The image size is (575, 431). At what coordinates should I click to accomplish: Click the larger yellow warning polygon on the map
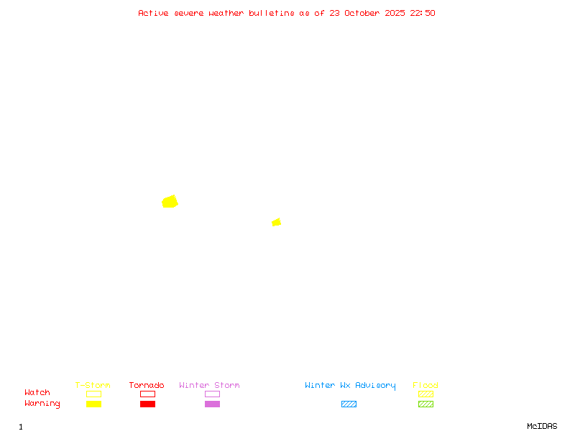pyautogui.click(x=170, y=202)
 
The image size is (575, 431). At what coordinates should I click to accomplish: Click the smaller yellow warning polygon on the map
pyautogui.click(x=276, y=223)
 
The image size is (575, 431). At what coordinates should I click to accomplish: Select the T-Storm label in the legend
pyautogui.click(x=93, y=386)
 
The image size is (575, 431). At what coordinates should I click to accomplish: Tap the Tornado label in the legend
pyautogui.click(x=147, y=386)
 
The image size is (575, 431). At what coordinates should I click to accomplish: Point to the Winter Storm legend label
pyautogui.click(x=209, y=386)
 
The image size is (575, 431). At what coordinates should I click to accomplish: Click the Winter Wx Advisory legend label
pyautogui.click(x=350, y=386)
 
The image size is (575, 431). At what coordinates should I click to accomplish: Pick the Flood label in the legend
pyautogui.click(x=425, y=386)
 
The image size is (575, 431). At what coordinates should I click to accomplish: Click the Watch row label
pyautogui.click(x=37, y=393)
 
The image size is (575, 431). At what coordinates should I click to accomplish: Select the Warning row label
pyautogui.click(x=42, y=404)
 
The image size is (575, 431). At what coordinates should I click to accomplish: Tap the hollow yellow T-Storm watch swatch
pyautogui.click(x=93, y=394)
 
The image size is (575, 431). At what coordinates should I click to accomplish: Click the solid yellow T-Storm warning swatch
pyautogui.click(x=93, y=404)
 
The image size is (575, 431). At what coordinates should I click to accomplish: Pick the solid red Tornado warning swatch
pyautogui.click(x=147, y=404)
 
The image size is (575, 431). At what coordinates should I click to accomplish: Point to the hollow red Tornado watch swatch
pyautogui.click(x=147, y=394)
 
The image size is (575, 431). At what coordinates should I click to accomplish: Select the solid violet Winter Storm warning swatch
pyautogui.click(x=212, y=404)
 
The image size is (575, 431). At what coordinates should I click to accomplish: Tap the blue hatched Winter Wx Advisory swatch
pyautogui.click(x=349, y=404)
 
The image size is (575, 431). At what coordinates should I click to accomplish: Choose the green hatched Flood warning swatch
pyautogui.click(x=425, y=404)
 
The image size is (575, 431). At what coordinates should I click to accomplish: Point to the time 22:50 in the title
pyautogui.click(x=423, y=13)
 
